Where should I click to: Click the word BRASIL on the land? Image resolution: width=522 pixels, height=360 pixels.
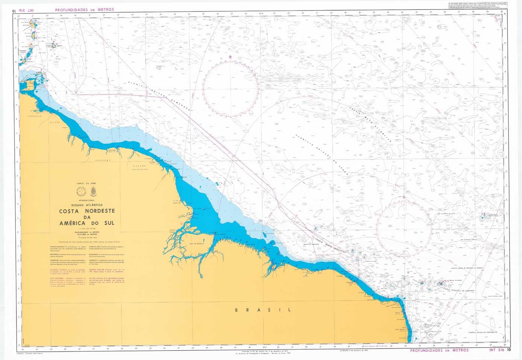click(263, 310)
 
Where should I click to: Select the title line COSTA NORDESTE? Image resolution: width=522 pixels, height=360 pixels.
click(87, 211)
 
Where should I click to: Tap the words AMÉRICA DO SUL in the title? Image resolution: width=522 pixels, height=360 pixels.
click(87, 223)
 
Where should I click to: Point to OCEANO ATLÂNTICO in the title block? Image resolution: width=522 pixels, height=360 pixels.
click(87, 204)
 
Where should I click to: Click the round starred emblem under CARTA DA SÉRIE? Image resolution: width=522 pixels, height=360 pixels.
click(80, 192)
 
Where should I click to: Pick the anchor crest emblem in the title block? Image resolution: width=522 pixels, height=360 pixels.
click(93, 191)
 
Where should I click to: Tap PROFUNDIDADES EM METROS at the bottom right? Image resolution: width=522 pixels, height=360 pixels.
click(439, 350)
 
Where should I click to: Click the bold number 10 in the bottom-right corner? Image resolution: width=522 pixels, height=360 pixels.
click(509, 350)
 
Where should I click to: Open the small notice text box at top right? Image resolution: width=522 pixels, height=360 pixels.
click(476, 6)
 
